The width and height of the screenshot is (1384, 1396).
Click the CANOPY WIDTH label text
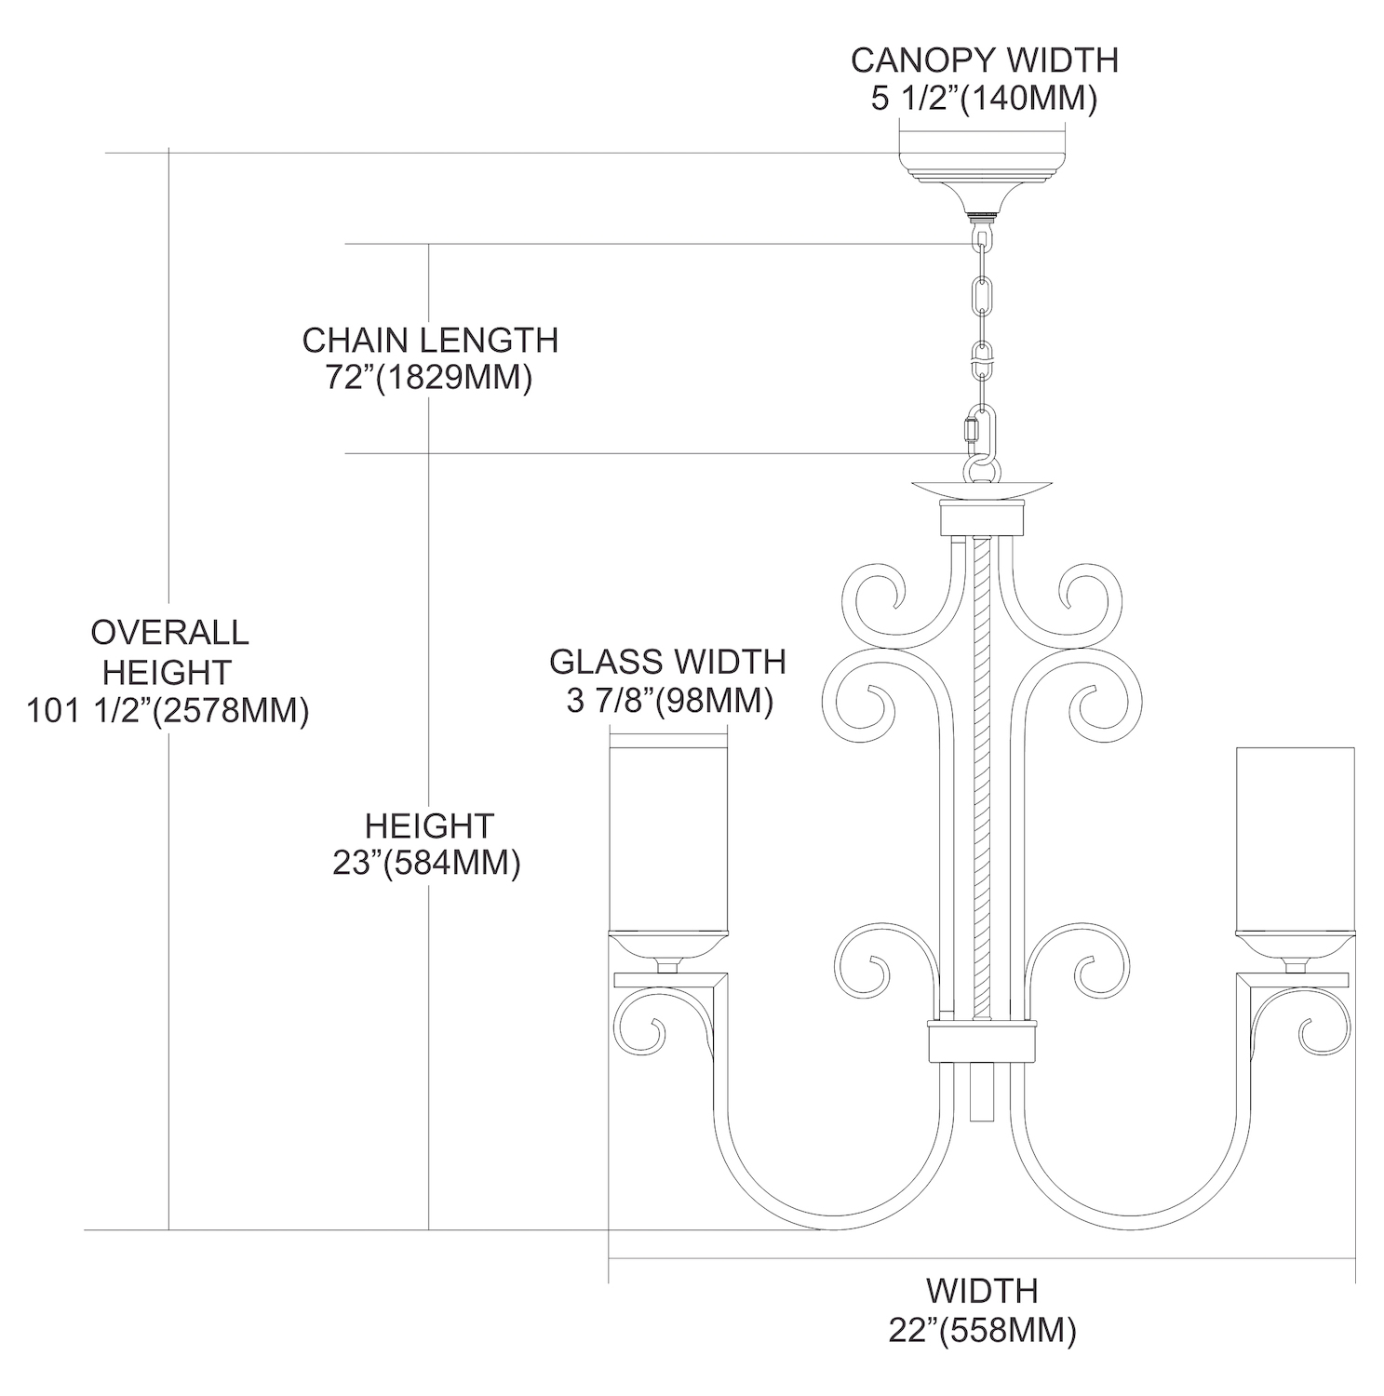point(984,60)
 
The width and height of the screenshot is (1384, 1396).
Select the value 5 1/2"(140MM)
point(984,99)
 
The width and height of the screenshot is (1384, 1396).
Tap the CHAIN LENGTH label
point(430,341)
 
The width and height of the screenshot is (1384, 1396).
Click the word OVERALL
point(169,633)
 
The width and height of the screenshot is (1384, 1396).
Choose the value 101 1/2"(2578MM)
point(168,711)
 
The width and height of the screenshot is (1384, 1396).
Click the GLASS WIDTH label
point(667,662)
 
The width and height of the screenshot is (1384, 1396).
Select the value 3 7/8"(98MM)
point(669,701)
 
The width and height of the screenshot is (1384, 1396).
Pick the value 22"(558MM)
point(982,1331)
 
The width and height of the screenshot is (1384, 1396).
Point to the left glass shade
point(667,838)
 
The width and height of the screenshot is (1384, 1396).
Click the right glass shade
point(1294,838)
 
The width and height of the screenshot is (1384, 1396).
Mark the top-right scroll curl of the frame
point(1085,596)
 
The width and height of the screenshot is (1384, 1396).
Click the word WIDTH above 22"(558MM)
point(982,1291)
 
